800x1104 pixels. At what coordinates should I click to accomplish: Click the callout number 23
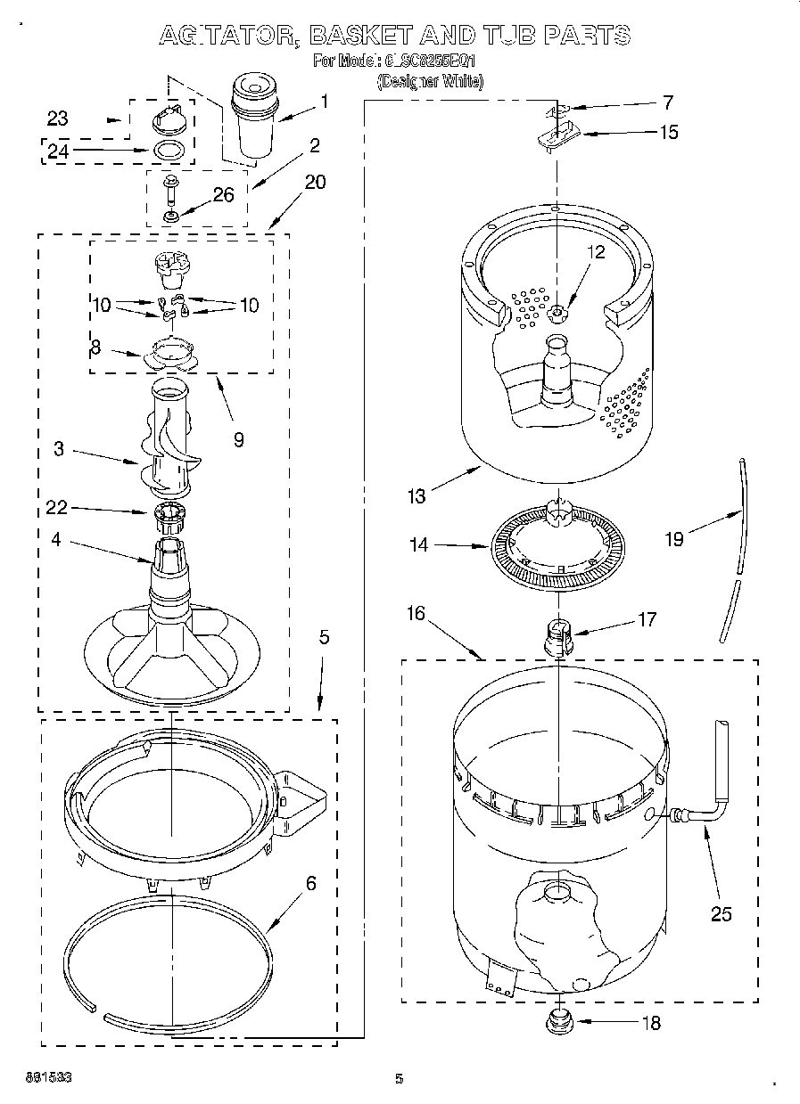tap(57, 119)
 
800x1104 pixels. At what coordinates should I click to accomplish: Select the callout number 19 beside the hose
tap(675, 539)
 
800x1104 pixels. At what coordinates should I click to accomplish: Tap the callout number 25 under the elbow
tap(721, 913)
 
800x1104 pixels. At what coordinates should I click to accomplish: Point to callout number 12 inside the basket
tap(595, 252)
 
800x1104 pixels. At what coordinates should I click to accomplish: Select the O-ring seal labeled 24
tap(169, 150)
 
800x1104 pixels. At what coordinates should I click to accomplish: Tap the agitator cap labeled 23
tap(169, 118)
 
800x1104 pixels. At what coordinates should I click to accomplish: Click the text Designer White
tap(430, 82)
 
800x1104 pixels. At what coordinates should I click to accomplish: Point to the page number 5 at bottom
tap(400, 1079)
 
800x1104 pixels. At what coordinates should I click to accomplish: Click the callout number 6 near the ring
tap(310, 883)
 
